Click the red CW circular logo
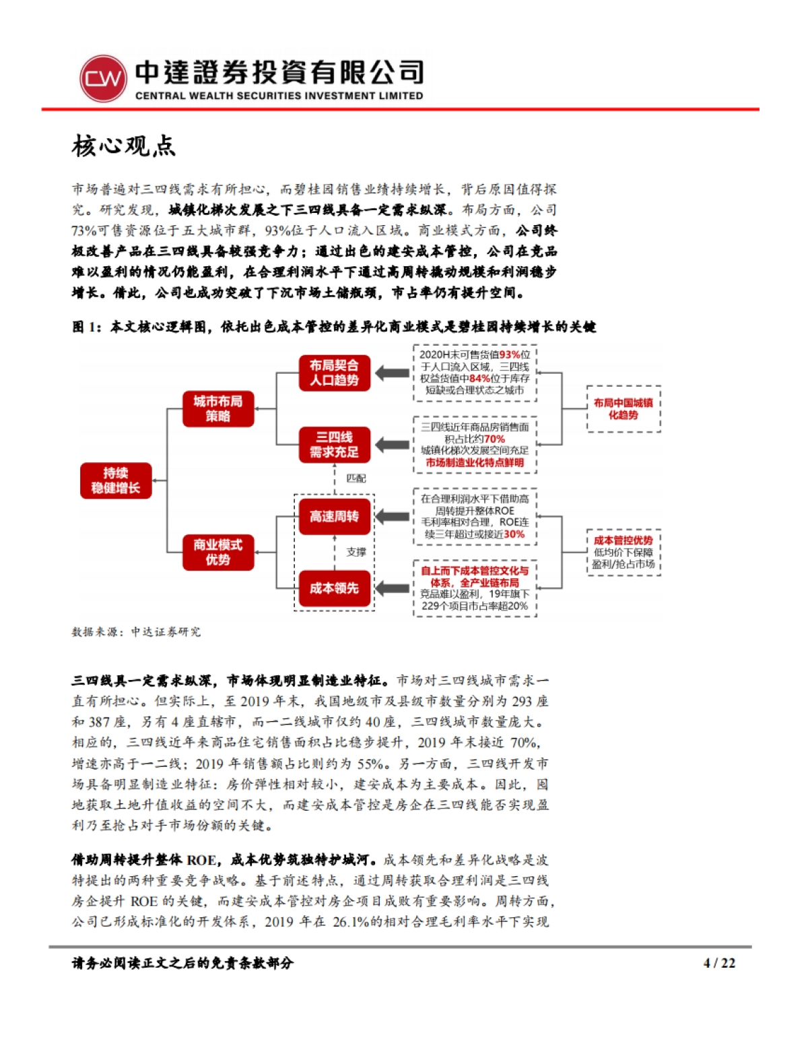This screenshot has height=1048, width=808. [x=103, y=78]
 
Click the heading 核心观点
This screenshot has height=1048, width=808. [x=124, y=146]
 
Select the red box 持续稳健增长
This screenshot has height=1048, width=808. [x=116, y=481]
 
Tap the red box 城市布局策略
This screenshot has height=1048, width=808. [x=218, y=409]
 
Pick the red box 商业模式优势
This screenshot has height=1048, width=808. [x=218, y=552]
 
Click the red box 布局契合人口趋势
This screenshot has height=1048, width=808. [x=335, y=373]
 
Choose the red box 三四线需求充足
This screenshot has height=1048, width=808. [x=335, y=445]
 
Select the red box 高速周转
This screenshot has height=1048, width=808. [x=335, y=517]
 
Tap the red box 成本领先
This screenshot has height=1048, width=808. [x=335, y=588]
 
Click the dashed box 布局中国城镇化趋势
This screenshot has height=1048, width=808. [x=623, y=408]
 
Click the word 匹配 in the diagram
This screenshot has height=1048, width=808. [x=356, y=479]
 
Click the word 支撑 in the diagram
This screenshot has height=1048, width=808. [x=356, y=552]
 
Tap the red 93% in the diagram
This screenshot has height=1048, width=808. [x=509, y=355]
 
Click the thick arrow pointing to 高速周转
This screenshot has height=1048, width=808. [x=392, y=517]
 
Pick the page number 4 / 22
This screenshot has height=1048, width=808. [x=719, y=963]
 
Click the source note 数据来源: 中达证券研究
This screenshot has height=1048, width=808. [x=136, y=632]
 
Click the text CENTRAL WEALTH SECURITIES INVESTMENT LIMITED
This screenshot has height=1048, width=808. [x=279, y=96]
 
